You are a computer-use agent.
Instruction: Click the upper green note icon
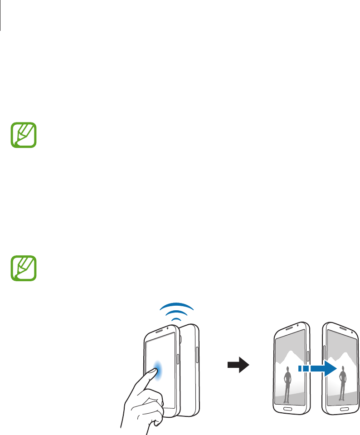click(x=23, y=134)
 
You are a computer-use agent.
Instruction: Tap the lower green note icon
click(x=23, y=269)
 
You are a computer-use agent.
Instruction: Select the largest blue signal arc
click(x=177, y=306)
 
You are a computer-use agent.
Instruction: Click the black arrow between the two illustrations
click(x=239, y=364)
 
